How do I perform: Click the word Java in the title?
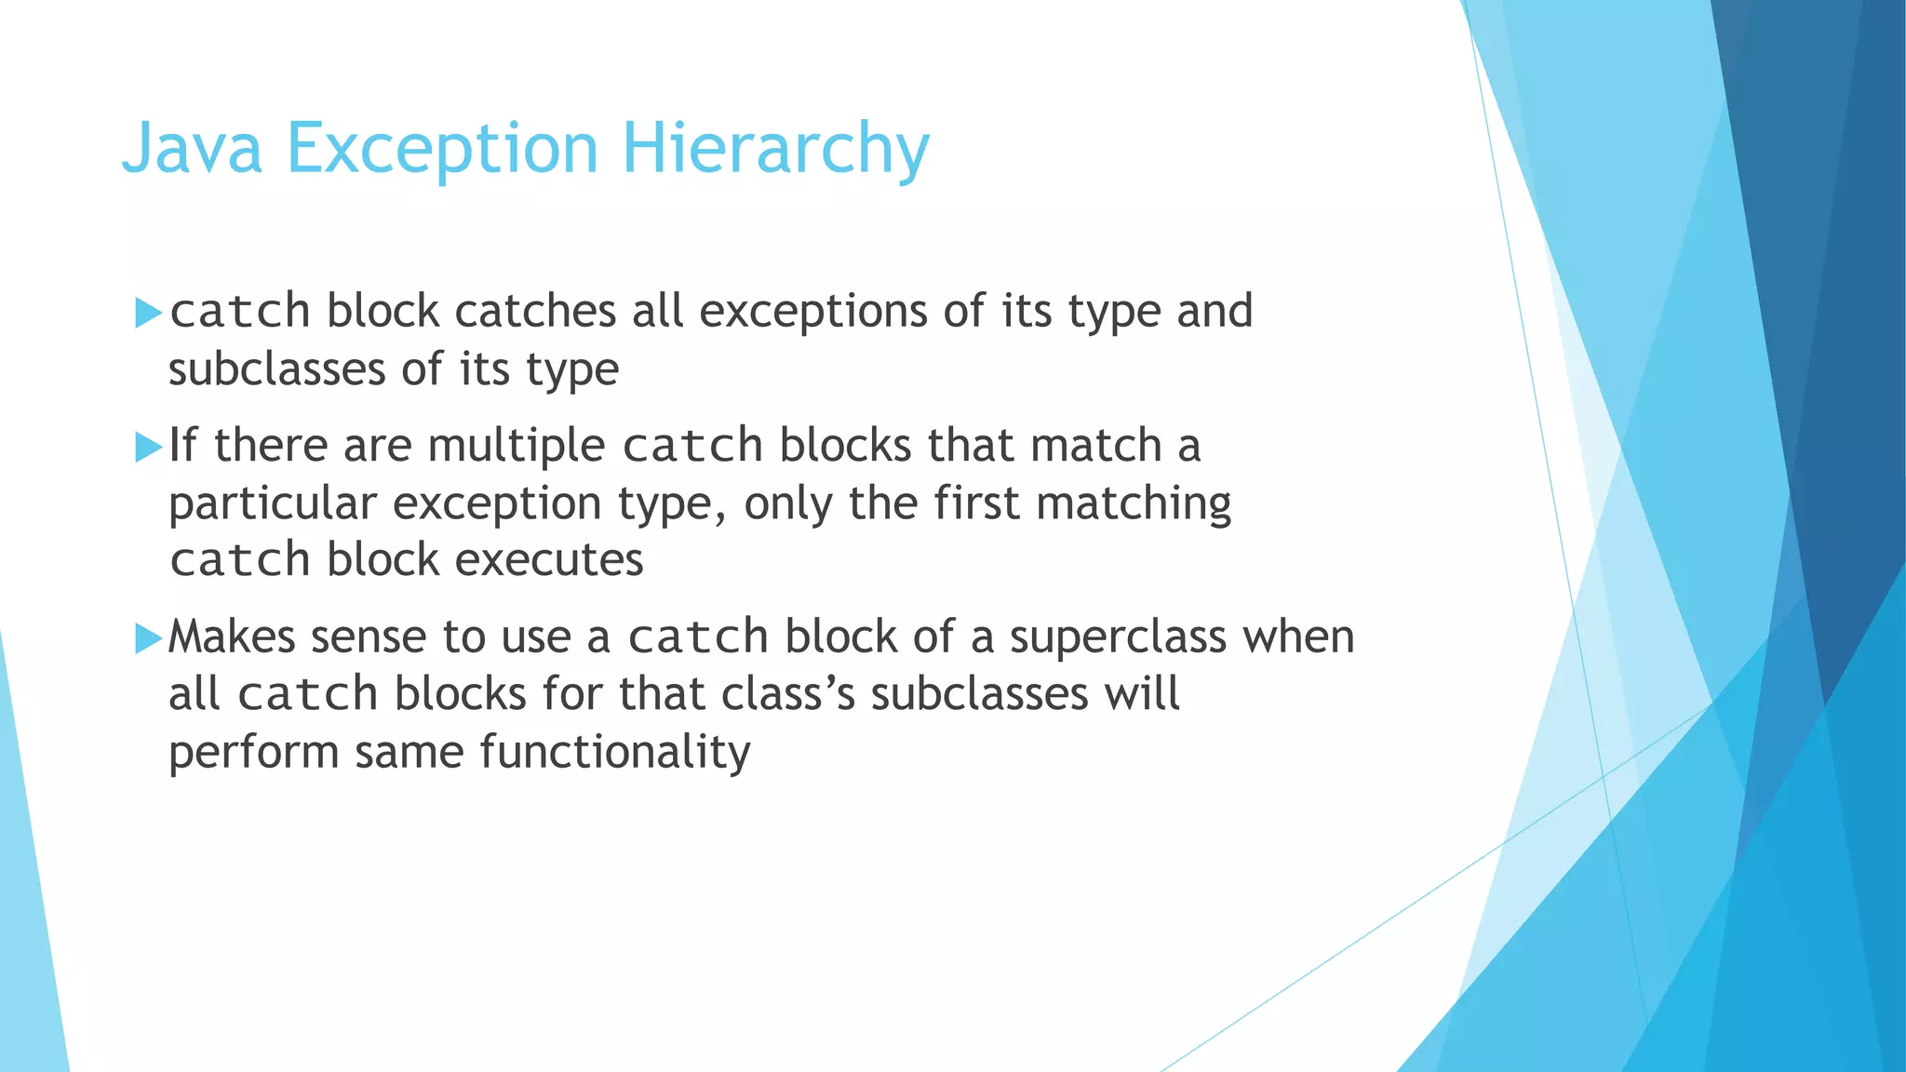point(192,149)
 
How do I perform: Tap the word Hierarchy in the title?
point(775,149)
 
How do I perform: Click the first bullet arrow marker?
point(148,313)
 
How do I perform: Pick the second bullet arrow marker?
point(148,447)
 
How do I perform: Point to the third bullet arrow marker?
point(148,638)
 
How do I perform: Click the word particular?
point(272,503)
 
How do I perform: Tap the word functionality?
point(614,752)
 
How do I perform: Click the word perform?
point(253,752)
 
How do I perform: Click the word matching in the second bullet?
point(1134,503)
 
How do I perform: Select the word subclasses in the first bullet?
point(276,369)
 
